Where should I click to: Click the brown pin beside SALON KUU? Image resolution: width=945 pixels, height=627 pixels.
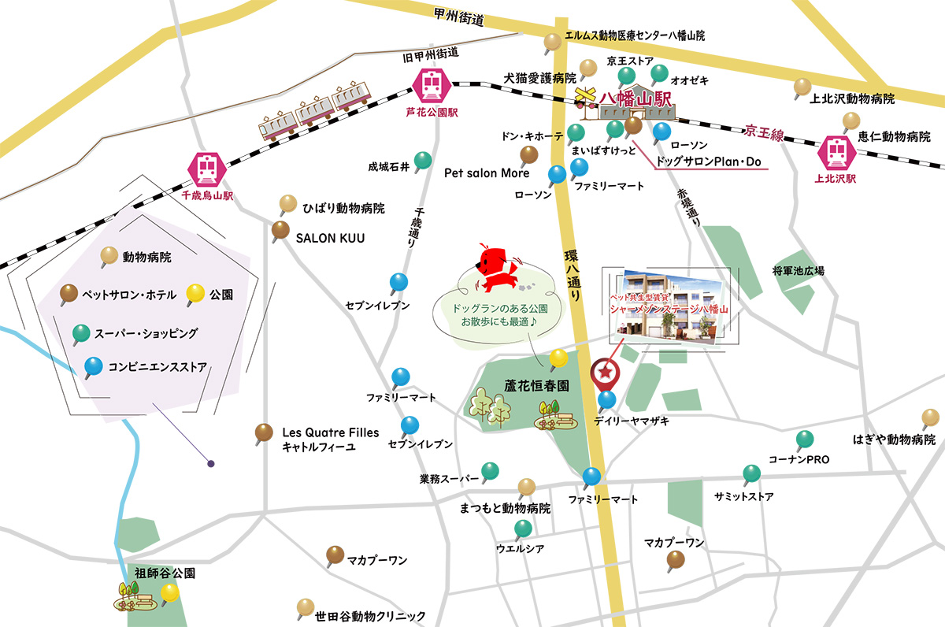tap(280, 232)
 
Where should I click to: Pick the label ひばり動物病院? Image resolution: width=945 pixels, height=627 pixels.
tap(343, 209)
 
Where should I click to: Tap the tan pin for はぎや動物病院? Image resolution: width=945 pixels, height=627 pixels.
tap(929, 418)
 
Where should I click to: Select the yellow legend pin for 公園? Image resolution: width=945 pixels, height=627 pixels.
tap(195, 295)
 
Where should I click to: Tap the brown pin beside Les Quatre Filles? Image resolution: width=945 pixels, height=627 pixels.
tap(265, 432)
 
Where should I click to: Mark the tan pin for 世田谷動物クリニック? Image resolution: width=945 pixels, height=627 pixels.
tap(306, 608)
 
